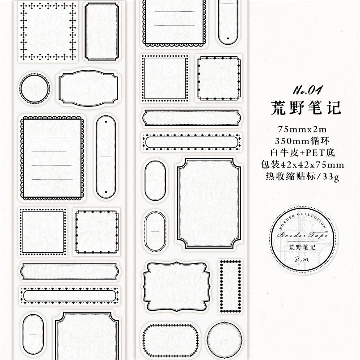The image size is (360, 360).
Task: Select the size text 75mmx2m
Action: [306, 129]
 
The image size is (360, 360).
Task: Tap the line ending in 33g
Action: [306, 177]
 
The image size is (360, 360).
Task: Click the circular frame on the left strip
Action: [34, 89]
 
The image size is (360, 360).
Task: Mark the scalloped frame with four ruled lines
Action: [52, 157]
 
